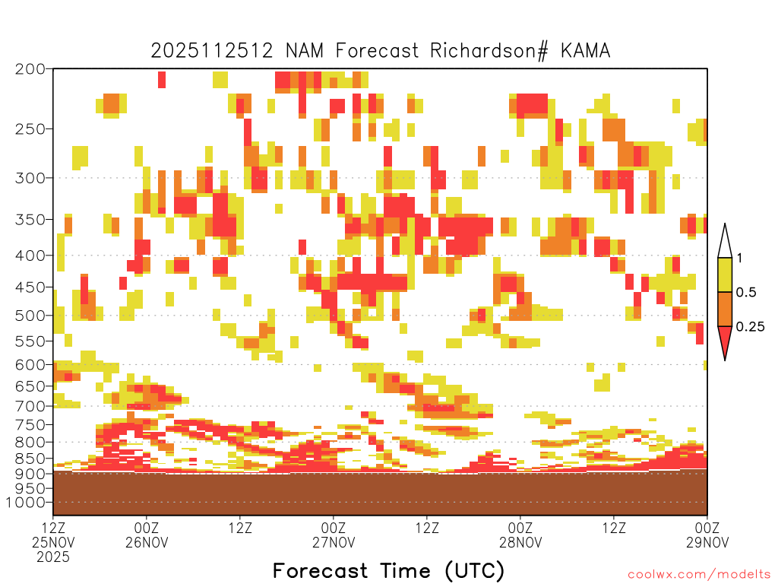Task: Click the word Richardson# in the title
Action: click(x=489, y=51)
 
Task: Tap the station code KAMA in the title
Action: click(x=586, y=51)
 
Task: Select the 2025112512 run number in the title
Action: click(x=212, y=51)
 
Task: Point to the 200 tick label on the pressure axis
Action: click(x=30, y=68)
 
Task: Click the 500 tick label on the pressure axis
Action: click(x=30, y=316)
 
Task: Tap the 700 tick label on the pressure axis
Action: click(x=30, y=406)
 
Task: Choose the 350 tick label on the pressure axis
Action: click(x=30, y=219)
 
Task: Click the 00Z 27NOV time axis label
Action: click(x=334, y=535)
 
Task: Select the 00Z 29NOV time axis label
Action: click(x=707, y=535)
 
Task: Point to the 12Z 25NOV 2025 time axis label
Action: click(x=53, y=542)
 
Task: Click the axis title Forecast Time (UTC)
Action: click(x=388, y=570)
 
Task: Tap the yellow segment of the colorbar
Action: click(x=725, y=275)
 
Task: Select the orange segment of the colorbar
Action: click(x=725, y=309)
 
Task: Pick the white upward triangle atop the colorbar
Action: click(x=725, y=242)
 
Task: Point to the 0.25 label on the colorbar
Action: click(x=750, y=326)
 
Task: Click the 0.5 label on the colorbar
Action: click(x=746, y=292)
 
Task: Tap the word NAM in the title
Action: click(x=304, y=51)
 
